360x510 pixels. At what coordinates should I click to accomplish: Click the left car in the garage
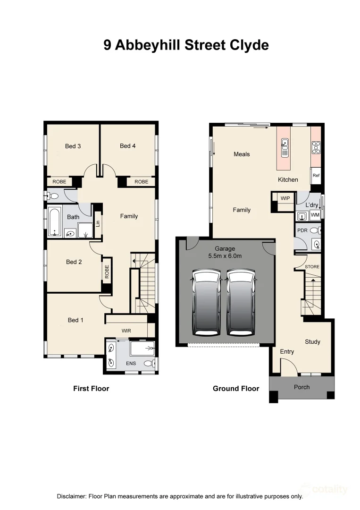pos(206,303)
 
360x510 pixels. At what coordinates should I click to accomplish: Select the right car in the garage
pos(241,303)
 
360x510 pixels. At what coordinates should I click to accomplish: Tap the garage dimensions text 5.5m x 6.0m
pos(225,256)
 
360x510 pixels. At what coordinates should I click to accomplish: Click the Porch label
pos(301,387)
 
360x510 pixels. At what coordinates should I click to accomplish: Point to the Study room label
pos(312,341)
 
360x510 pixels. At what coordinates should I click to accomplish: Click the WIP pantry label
pos(285,198)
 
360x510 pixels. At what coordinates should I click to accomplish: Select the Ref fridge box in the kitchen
pos(316,175)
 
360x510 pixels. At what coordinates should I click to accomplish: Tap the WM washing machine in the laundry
pos(315,215)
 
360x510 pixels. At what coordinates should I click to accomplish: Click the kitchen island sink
pos(285,147)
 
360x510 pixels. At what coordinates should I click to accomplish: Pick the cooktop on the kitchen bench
pos(316,147)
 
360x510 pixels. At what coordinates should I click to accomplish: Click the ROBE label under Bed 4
pos(141,182)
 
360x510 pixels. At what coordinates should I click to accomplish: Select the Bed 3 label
pos(73,146)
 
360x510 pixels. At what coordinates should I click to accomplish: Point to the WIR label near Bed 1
pos(126,331)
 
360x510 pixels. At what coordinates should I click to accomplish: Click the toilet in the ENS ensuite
pos(149,363)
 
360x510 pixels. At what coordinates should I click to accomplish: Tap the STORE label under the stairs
pos(312,267)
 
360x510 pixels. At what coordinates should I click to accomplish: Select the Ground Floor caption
pos(236,388)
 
